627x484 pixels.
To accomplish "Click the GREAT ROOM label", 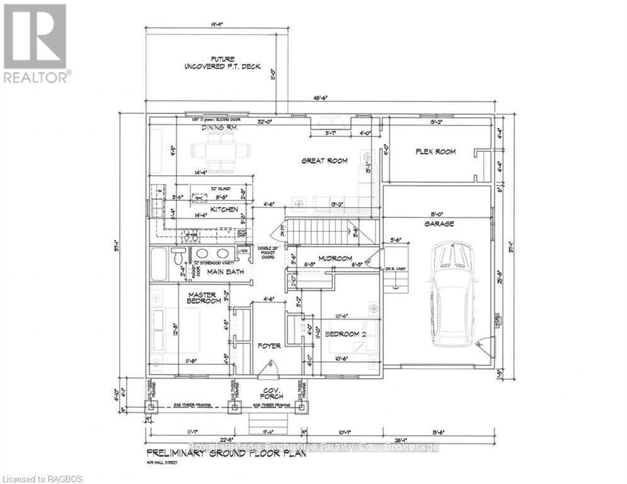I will coord(325,161).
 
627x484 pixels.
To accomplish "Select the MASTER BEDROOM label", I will coord(203,298).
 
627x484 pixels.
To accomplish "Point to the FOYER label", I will coord(268,345).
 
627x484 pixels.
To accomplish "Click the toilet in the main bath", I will coord(180,257).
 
